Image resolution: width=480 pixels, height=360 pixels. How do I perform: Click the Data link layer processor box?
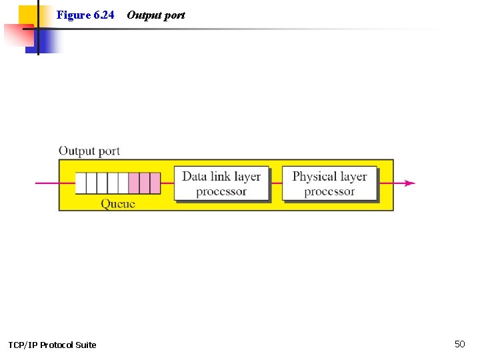222,183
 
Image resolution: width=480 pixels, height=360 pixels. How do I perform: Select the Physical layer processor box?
329,183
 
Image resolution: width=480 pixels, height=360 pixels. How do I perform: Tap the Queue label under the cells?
118,204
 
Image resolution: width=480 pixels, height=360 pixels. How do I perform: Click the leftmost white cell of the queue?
81,183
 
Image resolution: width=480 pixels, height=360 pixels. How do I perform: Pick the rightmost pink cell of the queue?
155,183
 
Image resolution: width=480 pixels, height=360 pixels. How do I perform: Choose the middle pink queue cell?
145,183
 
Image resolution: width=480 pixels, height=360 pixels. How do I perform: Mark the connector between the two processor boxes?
275,183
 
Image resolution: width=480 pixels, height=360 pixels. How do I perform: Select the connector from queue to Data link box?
167,183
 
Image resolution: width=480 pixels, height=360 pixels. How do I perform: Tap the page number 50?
460,344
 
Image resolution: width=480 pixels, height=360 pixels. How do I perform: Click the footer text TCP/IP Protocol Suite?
52,345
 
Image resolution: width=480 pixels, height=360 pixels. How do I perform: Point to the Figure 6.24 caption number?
85,15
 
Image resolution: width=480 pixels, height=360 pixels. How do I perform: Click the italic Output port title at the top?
155,15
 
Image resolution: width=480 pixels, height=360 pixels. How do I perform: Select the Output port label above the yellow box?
89,151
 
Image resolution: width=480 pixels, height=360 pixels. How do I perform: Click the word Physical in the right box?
314,177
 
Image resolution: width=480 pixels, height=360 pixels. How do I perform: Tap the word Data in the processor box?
195,177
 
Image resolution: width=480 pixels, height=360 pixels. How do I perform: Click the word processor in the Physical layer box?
329,191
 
